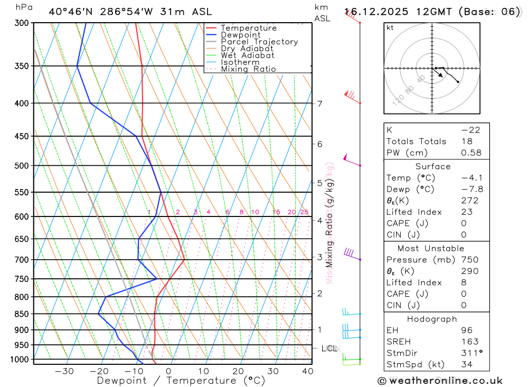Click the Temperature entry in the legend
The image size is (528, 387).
coord(248,28)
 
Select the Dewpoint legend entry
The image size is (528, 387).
coord(240,35)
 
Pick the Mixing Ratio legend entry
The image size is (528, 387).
coord(248,69)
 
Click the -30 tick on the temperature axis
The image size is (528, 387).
coord(64,371)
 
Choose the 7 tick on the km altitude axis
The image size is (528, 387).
coord(319,103)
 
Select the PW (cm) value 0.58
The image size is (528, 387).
coord(471,153)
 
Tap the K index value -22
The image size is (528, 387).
coord(471,130)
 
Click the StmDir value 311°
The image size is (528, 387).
coord(469,353)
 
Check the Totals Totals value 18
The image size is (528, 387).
coord(466,141)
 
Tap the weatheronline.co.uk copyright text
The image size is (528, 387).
coord(440,381)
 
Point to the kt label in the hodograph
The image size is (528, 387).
coord(390,27)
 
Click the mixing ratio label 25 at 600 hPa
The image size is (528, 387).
coord(304,212)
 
